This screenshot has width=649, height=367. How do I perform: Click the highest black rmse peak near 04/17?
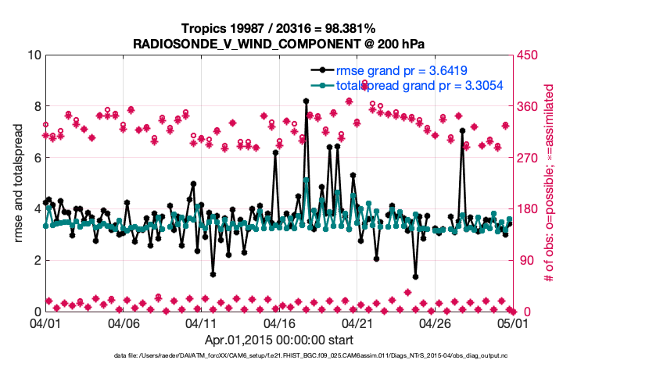(306, 101)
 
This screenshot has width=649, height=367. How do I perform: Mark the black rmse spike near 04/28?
(462, 130)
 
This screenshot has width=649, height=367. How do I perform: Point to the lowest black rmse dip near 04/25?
(415, 276)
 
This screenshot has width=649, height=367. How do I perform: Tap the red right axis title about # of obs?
(548, 183)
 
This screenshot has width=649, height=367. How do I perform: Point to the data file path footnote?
(311, 356)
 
